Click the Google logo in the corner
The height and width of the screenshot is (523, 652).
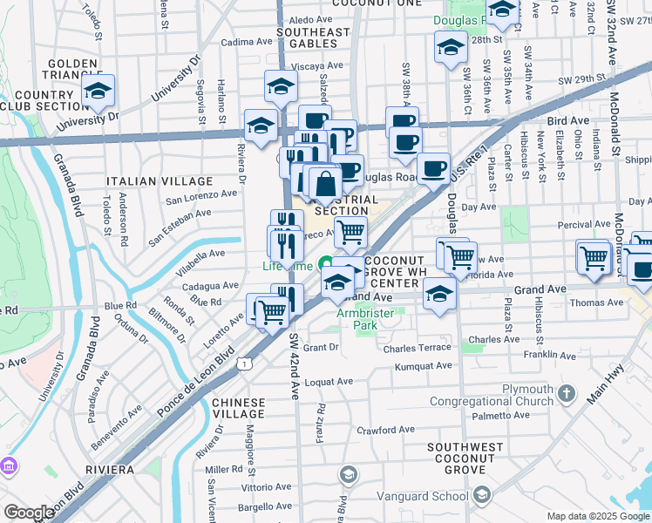tap(29, 513)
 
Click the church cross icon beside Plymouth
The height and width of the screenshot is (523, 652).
tap(567, 393)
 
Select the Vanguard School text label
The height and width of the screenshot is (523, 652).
tap(429, 497)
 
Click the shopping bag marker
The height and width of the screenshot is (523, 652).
tap(325, 184)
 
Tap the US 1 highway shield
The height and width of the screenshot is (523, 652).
tap(248, 363)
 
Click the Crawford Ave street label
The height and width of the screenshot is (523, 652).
tap(384, 430)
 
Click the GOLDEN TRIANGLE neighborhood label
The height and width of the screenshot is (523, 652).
tap(77, 71)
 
